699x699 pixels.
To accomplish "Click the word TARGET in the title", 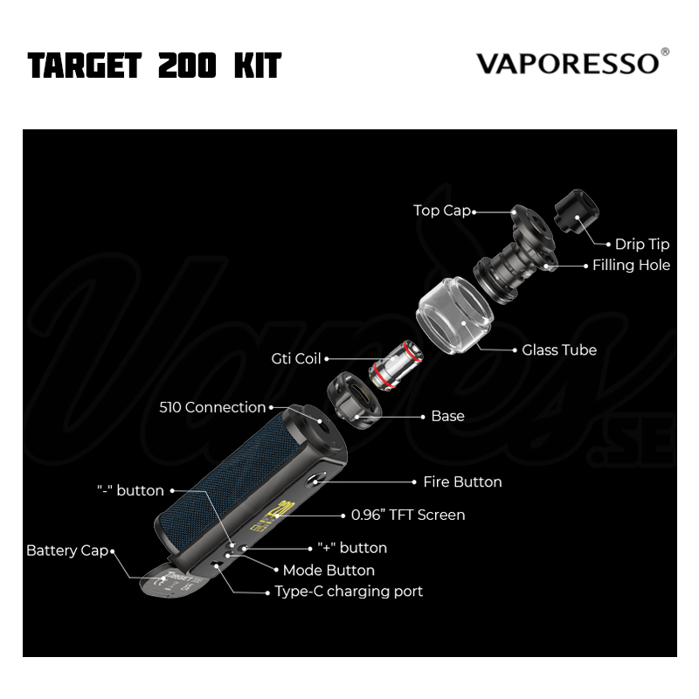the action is coord(85,66).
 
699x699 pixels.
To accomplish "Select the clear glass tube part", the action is coord(454,315).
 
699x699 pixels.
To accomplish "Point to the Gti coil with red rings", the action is coord(396,365).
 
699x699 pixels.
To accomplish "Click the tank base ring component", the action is coord(354,400).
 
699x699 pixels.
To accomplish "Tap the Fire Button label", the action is coord(462,482).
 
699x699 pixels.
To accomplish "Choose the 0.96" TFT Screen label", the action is coord(408,515).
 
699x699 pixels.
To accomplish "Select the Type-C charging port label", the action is coord(349,592).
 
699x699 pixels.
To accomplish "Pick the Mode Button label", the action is coord(329,571).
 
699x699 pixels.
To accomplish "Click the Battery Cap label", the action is coord(67,550).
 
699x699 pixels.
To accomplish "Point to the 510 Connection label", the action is coord(212,407).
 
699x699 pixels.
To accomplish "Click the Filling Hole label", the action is coord(631,266).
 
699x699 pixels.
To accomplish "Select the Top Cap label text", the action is coord(442,211).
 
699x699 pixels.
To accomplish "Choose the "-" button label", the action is coord(130,490).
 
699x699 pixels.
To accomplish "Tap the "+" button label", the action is coord(352,548).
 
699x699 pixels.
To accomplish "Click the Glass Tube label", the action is coord(559,350).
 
